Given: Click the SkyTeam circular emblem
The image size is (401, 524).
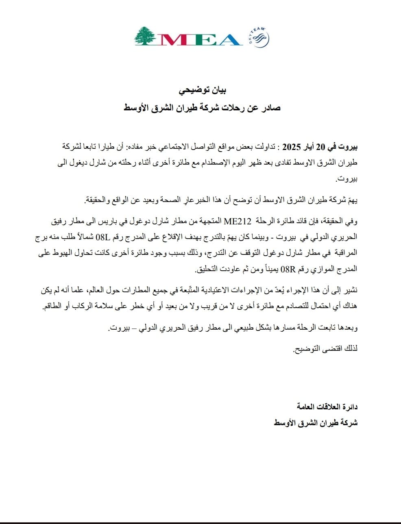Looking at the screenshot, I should click(260, 38).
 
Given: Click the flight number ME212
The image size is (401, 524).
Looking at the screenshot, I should click(235, 221).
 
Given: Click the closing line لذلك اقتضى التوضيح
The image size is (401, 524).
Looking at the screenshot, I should click(325, 349).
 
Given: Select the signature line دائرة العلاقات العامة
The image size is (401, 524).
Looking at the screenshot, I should click(327, 407).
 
